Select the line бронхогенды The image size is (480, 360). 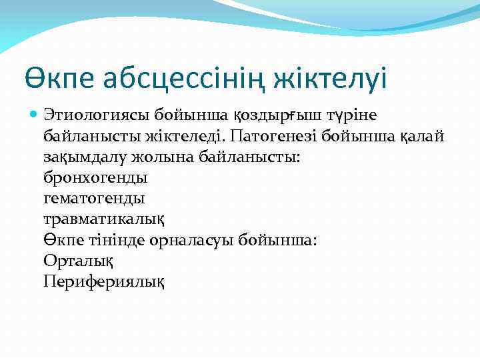tap(95, 177)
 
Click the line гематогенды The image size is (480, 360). tap(94, 198)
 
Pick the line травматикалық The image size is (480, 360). tap(104, 219)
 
